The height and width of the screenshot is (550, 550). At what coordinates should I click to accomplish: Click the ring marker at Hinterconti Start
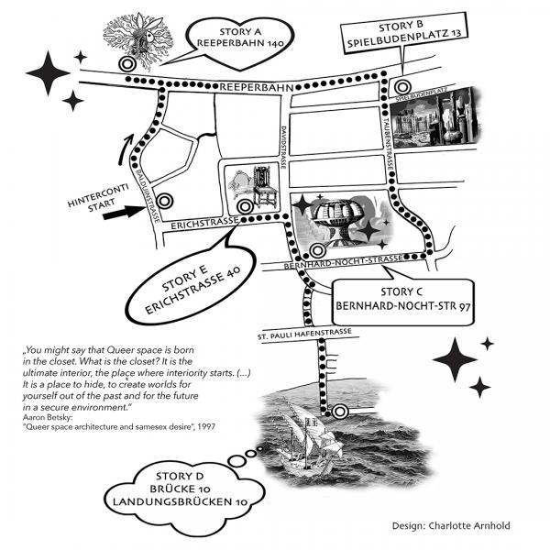click(165, 201)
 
